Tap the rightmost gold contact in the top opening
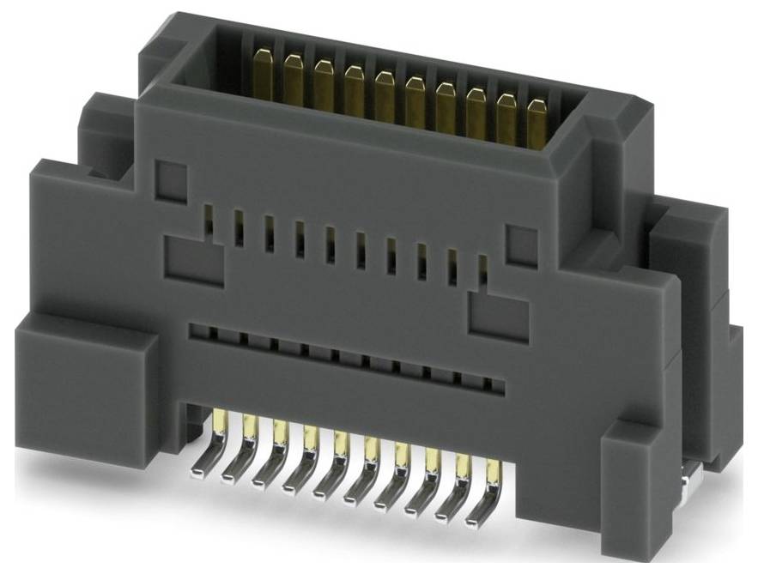click(x=537, y=122)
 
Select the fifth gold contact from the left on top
click(x=384, y=92)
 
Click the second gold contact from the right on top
click(x=506, y=116)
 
